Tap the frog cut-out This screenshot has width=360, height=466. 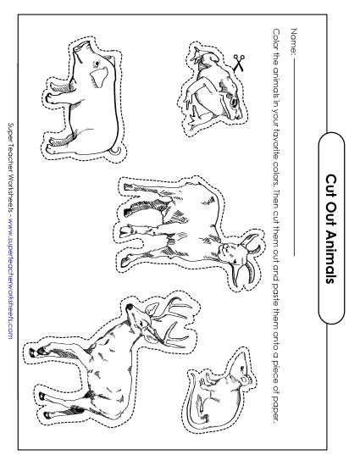pyautogui.click(x=208, y=84)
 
